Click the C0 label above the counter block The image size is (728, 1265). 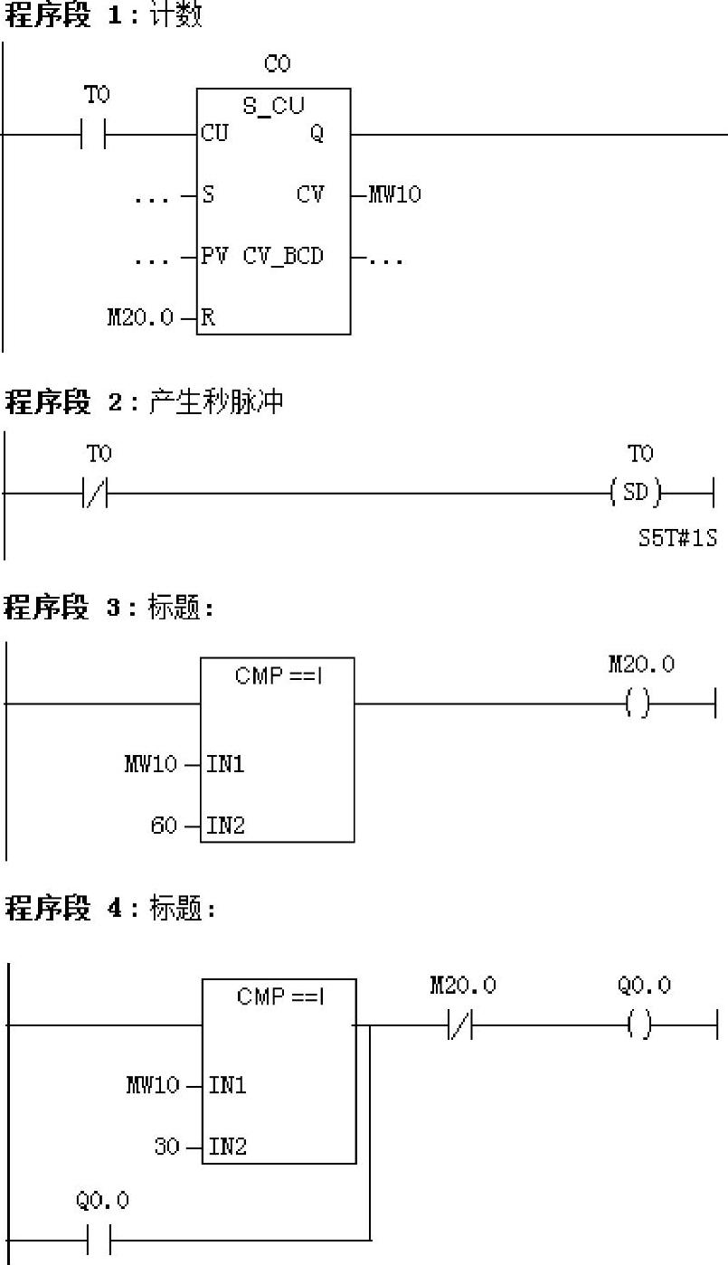(x=278, y=64)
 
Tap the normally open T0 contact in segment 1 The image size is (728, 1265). (x=94, y=134)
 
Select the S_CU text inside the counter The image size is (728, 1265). (x=273, y=106)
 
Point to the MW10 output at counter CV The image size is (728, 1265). (x=394, y=194)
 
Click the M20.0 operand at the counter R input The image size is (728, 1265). (x=140, y=317)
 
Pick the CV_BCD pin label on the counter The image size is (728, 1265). (x=282, y=256)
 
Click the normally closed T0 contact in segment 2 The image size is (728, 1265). (x=94, y=494)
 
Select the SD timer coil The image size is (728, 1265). (x=636, y=494)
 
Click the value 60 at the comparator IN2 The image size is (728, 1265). (x=164, y=826)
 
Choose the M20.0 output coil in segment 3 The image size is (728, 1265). (x=638, y=703)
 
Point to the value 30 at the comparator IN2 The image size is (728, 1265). (x=166, y=1147)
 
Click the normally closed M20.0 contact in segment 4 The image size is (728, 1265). (x=460, y=1026)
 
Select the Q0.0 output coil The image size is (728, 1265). (x=638, y=1026)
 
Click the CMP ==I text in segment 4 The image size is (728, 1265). (x=280, y=996)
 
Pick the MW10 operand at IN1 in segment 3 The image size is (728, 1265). (x=150, y=764)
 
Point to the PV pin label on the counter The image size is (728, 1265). (x=215, y=256)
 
